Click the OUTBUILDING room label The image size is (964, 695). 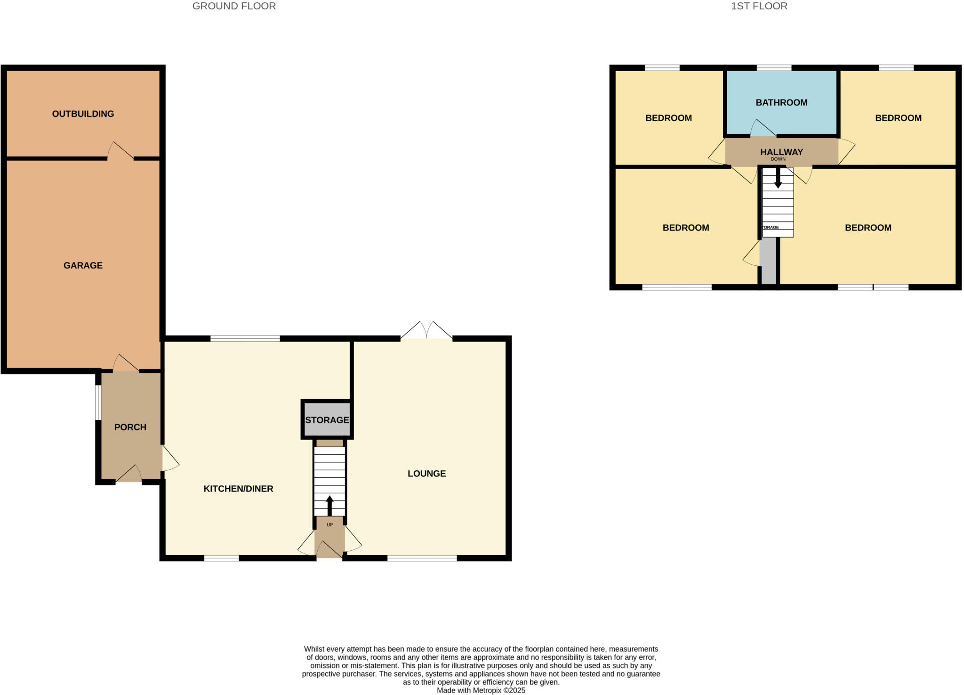click(x=83, y=114)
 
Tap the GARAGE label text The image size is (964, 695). click(x=83, y=265)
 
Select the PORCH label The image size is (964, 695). click(x=130, y=427)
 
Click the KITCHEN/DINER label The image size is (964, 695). click(x=238, y=489)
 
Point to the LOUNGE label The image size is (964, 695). click(x=426, y=474)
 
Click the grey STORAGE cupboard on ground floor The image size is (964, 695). click(x=327, y=419)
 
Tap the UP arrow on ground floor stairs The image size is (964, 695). click(x=329, y=506)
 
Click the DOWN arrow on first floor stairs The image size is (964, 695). click(x=778, y=178)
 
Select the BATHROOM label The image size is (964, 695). click(x=781, y=102)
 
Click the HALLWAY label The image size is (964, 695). click(x=781, y=152)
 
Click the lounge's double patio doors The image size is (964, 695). click(x=426, y=331)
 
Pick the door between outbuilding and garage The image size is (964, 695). click(x=120, y=152)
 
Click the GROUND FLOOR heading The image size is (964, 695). click(x=234, y=6)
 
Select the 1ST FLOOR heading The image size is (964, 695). click(x=759, y=6)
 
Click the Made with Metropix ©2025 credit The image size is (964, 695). click(x=481, y=690)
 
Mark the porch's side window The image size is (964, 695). click(x=98, y=402)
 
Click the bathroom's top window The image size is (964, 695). click(x=774, y=68)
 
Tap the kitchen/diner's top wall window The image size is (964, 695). click(x=245, y=338)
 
